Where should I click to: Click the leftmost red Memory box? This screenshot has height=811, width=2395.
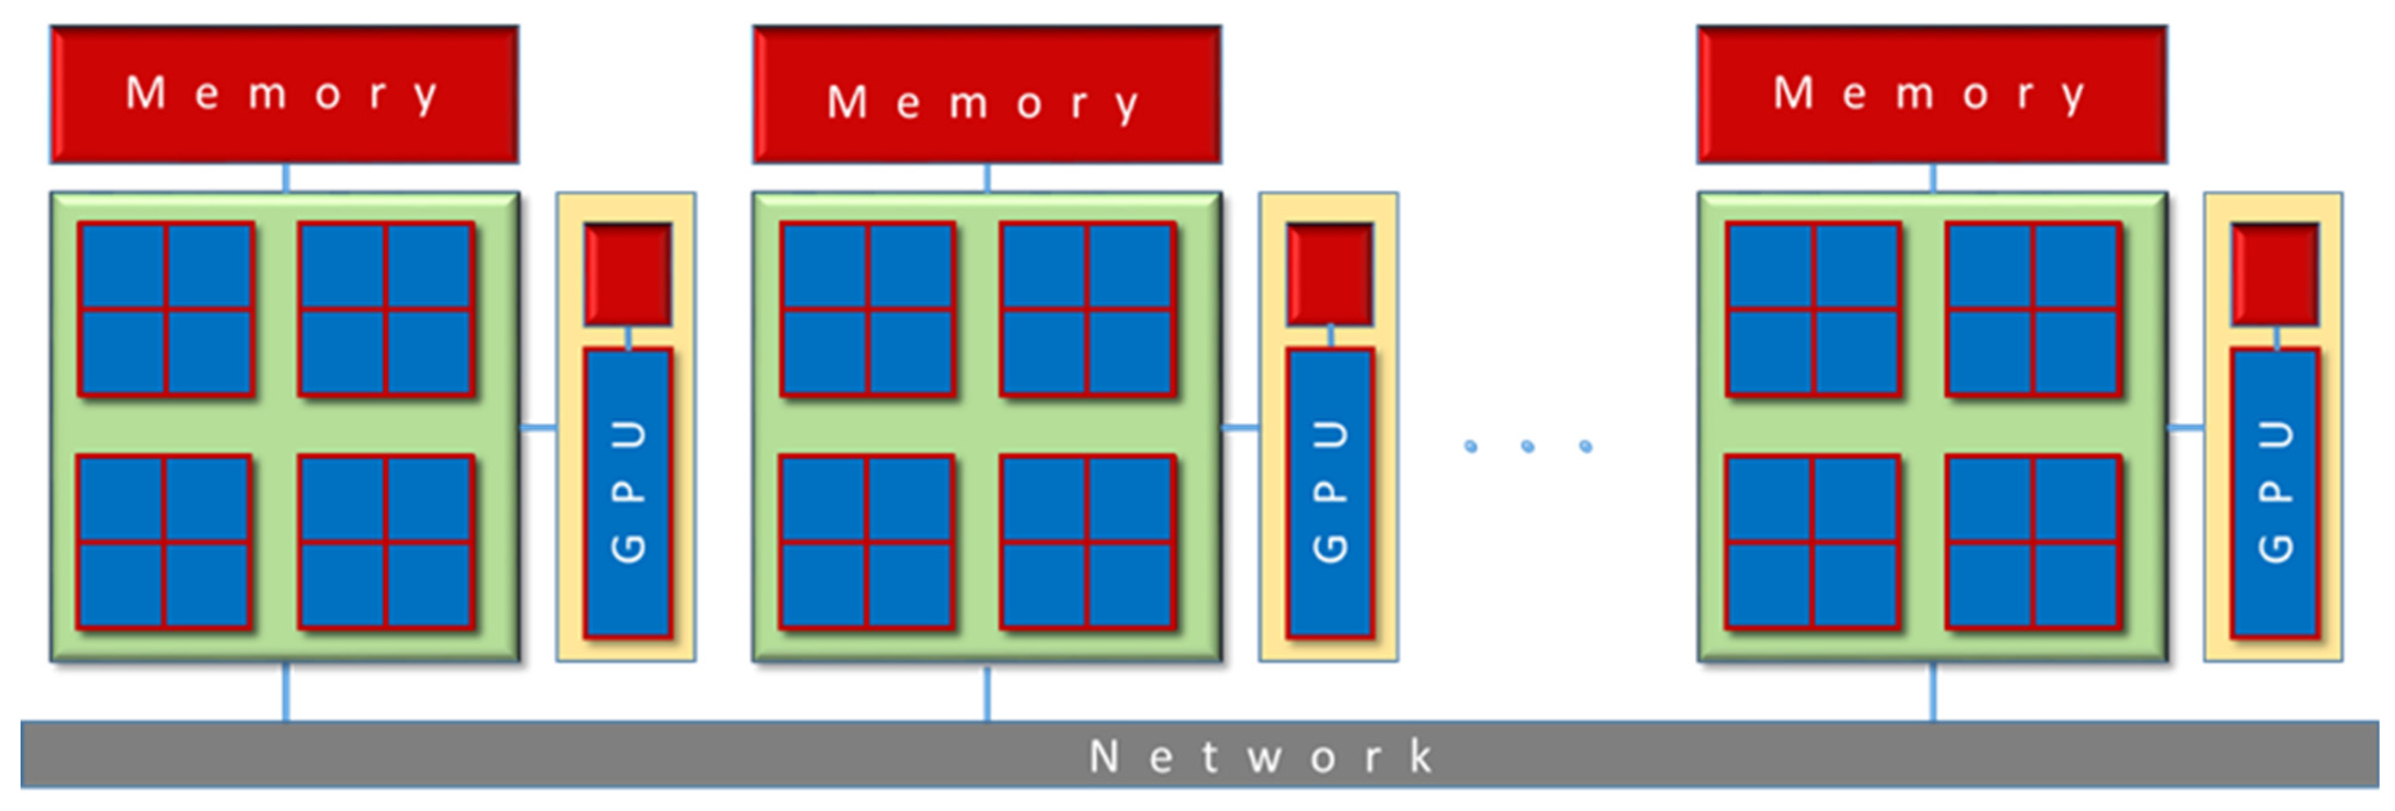(x=284, y=95)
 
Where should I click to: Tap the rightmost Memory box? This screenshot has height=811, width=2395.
(x=1932, y=95)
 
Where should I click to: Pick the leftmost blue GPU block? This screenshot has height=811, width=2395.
(x=629, y=493)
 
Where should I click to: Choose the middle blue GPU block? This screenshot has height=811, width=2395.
(x=1331, y=493)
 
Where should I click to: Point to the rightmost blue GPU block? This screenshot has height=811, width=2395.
(x=2275, y=493)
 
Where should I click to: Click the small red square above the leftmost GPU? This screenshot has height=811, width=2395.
(x=629, y=274)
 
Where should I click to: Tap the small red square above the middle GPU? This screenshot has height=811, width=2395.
(x=1331, y=274)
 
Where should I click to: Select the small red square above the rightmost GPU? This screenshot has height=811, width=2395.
(x=2275, y=274)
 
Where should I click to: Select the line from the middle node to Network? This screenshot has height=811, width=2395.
(x=987, y=691)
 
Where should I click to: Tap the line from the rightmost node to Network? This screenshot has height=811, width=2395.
(x=1933, y=691)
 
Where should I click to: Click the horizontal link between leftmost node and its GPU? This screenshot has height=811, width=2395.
(x=538, y=428)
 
